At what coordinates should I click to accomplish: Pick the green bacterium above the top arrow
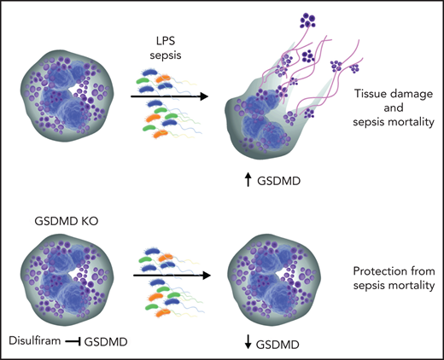click(x=144, y=85)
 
